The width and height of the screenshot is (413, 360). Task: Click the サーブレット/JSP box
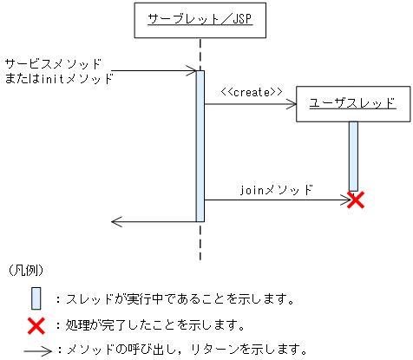pyautogui.click(x=200, y=20)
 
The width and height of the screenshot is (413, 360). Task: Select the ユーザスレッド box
pyautogui.click(x=352, y=103)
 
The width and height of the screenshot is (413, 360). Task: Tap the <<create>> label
pyautogui.click(x=251, y=91)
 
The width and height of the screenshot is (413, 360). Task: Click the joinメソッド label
pyautogui.click(x=276, y=187)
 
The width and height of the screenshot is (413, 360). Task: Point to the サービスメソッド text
pyautogui.click(x=53, y=64)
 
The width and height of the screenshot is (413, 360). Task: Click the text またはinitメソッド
pyautogui.click(x=59, y=77)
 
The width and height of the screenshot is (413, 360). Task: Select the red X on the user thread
pyautogui.click(x=354, y=200)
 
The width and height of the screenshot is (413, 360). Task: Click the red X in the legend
pyautogui.click(x=36, y=326)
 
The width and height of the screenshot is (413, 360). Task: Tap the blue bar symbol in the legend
pyautogui.click(x=36, y=298)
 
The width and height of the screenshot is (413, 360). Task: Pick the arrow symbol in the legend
pyautogui.click(x=36, y=350)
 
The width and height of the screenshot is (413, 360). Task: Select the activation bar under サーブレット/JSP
pyautogui.click(x=200, y=145)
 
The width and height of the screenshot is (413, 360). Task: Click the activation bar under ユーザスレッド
pyautogui.click(x=353, y=154)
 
